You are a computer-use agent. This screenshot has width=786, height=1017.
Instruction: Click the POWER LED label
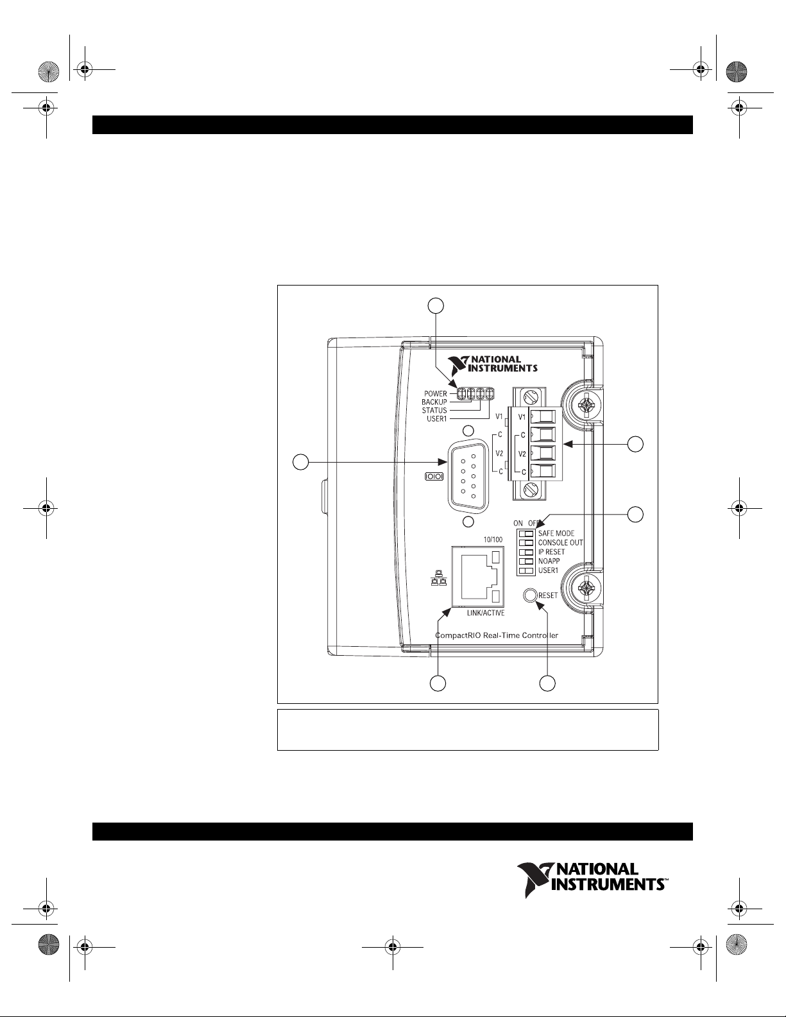coord(435,393)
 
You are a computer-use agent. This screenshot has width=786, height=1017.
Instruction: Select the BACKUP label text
coord(434,402)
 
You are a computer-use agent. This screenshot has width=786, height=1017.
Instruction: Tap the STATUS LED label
coord(434,411)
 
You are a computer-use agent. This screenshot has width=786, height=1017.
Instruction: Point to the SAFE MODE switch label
coord(556,533)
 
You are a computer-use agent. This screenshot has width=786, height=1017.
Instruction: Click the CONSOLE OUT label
coord(561,542)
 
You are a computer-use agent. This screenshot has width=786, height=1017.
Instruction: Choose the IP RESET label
coord(551,552)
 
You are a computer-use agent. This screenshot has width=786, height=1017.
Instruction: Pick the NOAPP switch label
coord(549,561)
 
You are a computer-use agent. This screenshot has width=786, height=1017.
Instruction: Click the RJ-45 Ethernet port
coord(478,576)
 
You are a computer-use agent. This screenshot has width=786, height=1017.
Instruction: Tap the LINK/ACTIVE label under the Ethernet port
coord(486,613)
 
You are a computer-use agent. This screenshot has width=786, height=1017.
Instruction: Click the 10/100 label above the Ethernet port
coord(493,540)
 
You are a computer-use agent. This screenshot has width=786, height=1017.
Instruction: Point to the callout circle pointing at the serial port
coord(301,462)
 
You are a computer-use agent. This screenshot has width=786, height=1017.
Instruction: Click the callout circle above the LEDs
coord(436,305)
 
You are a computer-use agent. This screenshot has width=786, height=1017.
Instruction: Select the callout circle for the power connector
coord(635,444)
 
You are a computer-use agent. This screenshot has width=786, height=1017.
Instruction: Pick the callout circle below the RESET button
coord(547,683)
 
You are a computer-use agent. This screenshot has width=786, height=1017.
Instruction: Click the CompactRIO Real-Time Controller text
coord(497,636)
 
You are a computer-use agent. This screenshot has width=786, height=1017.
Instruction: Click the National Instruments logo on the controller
coord(492,364)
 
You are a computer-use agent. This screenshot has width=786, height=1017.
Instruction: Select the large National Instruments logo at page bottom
coord(592,880)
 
